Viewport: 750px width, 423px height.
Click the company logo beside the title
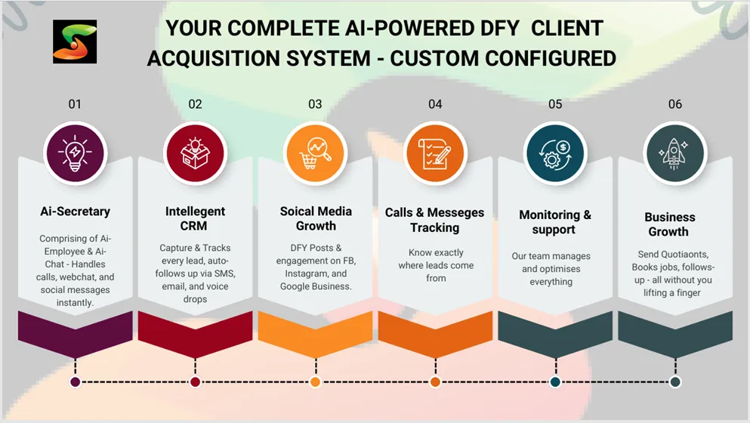pos(75,42)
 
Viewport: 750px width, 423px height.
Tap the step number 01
pos(75,104)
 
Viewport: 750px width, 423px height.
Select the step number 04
pos(435,104)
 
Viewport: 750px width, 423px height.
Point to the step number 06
pos(675,104)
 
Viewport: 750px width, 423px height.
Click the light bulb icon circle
pos(75,153)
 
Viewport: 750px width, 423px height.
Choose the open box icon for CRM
pos(195,153)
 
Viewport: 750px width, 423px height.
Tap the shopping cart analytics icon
pos(315,153)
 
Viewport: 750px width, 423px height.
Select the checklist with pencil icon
pos(435,153)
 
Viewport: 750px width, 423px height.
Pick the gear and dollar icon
pos(555,153)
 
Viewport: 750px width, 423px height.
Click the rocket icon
pos(675,153)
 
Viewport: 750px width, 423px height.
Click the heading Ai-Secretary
pos(75,211)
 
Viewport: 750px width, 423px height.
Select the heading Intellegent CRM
pos(195,219)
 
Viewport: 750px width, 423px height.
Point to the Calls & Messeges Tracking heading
pos(435,220)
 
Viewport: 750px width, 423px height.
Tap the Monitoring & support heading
pos(555,222)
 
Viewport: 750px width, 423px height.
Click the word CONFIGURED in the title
pos(551,58)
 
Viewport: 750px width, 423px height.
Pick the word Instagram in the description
pos(307,273)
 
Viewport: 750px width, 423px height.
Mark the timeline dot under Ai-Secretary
pos(75,382)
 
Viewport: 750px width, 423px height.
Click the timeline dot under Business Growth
pos(675,382)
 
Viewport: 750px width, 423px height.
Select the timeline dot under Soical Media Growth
pos(315,382)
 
